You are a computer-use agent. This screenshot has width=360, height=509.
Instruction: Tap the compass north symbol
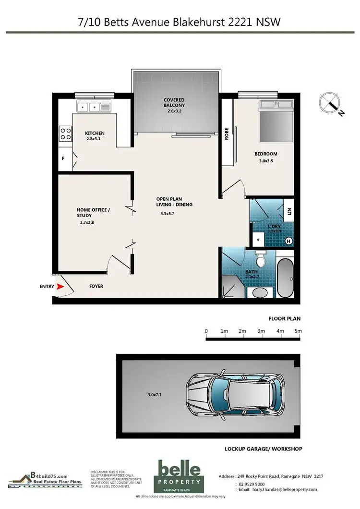[x=331, y=103]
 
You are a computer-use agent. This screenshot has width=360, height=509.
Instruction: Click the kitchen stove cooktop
[x=65, y=133]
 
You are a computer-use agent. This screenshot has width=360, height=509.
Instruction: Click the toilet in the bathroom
[x=261, y=260]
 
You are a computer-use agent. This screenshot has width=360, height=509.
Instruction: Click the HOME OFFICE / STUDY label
[x=94, y=213]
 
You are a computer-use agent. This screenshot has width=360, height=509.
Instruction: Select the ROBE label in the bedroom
[x=227, y=133]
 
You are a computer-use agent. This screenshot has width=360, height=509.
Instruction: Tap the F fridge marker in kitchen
[x=62, y=158]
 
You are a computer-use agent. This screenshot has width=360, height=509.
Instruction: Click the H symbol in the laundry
[x=288, y=241]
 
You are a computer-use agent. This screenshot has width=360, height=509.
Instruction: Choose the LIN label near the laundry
[x=289, y=211]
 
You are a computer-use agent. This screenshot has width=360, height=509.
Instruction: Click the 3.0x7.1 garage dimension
[x=156, y=395]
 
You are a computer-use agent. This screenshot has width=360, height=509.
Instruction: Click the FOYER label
[x=96, y=286]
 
